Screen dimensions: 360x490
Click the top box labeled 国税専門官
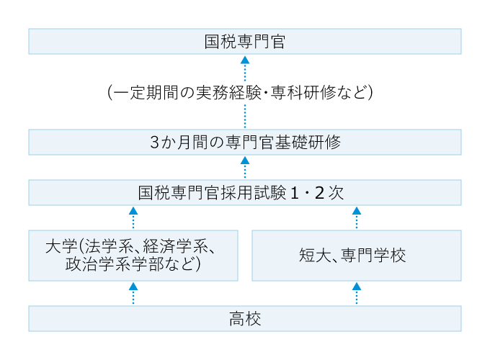pyautogui.click(x=245, y=41)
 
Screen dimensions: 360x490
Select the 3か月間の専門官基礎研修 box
pyautogui.click(x=245, y=142)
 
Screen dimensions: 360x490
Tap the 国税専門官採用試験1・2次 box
pyautogui.click(x=245, y=192)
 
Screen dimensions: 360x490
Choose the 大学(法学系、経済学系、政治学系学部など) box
pyautogui.click(x=133, y=255)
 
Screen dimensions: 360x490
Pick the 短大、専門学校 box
pyautogui.click(x=357, y=255)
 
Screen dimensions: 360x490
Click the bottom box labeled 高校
pyautogui.click(x=245, y=318)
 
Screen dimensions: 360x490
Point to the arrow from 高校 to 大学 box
pyautogui.click(x=133, y=293)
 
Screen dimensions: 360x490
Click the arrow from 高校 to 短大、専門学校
pyautogui.click(x=357, y=293)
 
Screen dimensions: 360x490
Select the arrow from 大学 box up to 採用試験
pyautogui.click(x=133, y=217)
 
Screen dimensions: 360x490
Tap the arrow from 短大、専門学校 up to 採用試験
pyautogui.click(x=357, y=217)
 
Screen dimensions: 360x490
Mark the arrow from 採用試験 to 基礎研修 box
pyautogui.click(x=245, y=167)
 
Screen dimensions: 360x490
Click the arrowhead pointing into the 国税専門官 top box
pyautogui.click(x=245, y=60)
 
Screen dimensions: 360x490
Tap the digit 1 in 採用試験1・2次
pyautogui.click(x=295, y=193)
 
